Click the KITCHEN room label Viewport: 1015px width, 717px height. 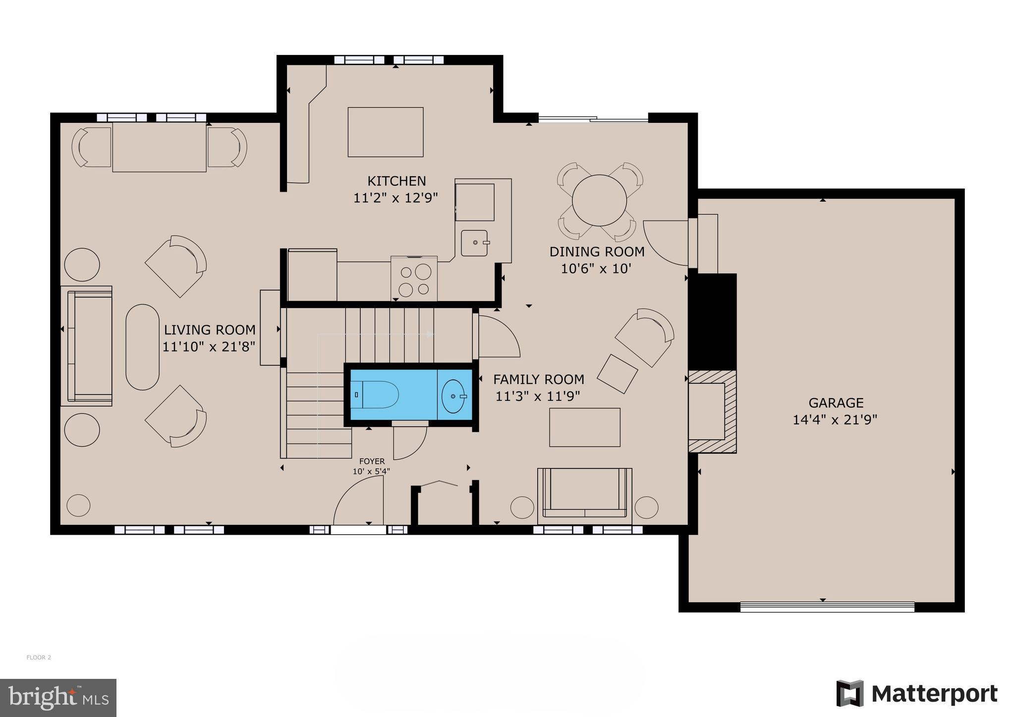(x=396, y=181)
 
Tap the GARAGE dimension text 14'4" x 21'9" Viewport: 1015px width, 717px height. (x=835, y=420)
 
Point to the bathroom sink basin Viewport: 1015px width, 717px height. (x=453, y=396)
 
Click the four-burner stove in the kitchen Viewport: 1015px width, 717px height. (x=414, y=279)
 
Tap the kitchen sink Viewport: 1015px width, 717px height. (x=475, y=243)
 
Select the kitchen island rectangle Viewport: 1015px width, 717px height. (x=386, y=132)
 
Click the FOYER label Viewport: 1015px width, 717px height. (x=372, y=461)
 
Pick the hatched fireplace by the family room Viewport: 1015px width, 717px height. (x=712, y=411)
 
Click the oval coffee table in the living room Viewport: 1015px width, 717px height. (x=143, y=347)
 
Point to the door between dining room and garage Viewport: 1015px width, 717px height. (x=667, y=243)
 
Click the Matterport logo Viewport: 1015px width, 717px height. (x=917, y=694)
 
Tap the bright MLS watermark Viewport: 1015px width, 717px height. (x=58, y=698)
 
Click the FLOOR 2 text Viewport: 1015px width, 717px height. (x=39, y=658)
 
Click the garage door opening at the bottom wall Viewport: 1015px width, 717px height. (x=827, y=607)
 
